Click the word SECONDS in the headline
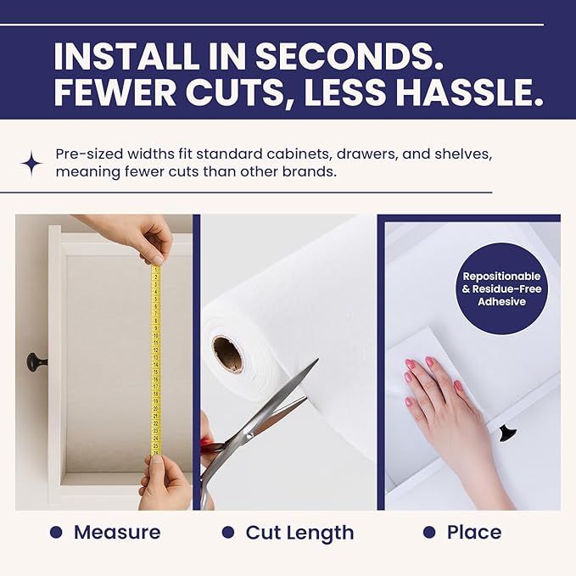[x=349, y=57]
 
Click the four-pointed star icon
[x=31, y=164]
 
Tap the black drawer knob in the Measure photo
[x=36, y=362]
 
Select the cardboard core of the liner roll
[x=227, y=355]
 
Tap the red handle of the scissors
[x=206, y=445]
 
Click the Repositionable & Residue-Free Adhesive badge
[x=501, y=288]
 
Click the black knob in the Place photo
[x=508, y=433]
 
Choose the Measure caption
[x=117, y=532]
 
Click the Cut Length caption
[x=299, y=533]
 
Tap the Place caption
[x=474, y=532]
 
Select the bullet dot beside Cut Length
[x=228, y=532]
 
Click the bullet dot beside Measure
[x=56, y=532]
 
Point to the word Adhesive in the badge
[x=502, y=302]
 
